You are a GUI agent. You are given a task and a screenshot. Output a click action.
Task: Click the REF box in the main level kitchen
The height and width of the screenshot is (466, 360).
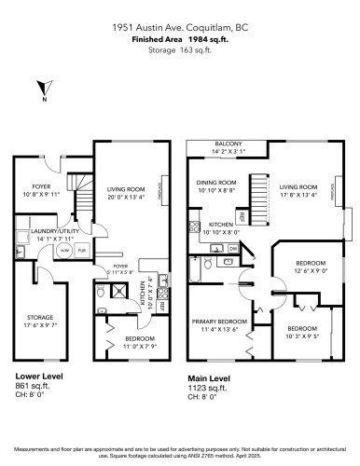pyautogui.click(x=242, y=216)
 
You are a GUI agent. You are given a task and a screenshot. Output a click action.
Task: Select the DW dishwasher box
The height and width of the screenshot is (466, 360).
pyautogui.click(x=233, y=249)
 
